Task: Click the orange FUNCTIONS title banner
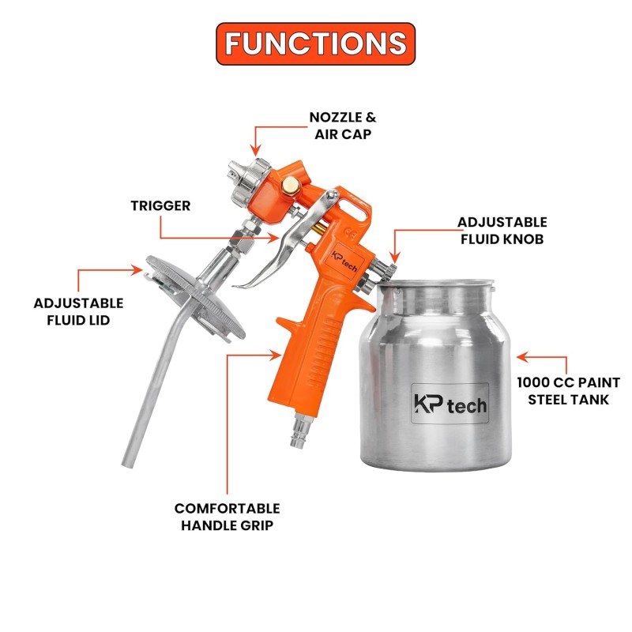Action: click(315, 43)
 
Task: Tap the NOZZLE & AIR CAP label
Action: click(343, 126)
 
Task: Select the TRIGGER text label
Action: click(160, 205)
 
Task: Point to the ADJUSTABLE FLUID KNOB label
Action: click(502, 231)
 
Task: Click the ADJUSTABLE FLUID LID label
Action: click(78, 311)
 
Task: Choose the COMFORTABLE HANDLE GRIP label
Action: click(228, 517)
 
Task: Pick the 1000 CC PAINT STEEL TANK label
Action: click(568, 391)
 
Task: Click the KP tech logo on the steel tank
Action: click(450, 404)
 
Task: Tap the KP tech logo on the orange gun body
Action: click(344, 261)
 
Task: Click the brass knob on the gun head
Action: click(289, 185)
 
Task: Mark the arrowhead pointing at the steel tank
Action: click(522, 357)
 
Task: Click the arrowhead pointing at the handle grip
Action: click(276, 355)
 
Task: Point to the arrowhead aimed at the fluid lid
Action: click(137, 269)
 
